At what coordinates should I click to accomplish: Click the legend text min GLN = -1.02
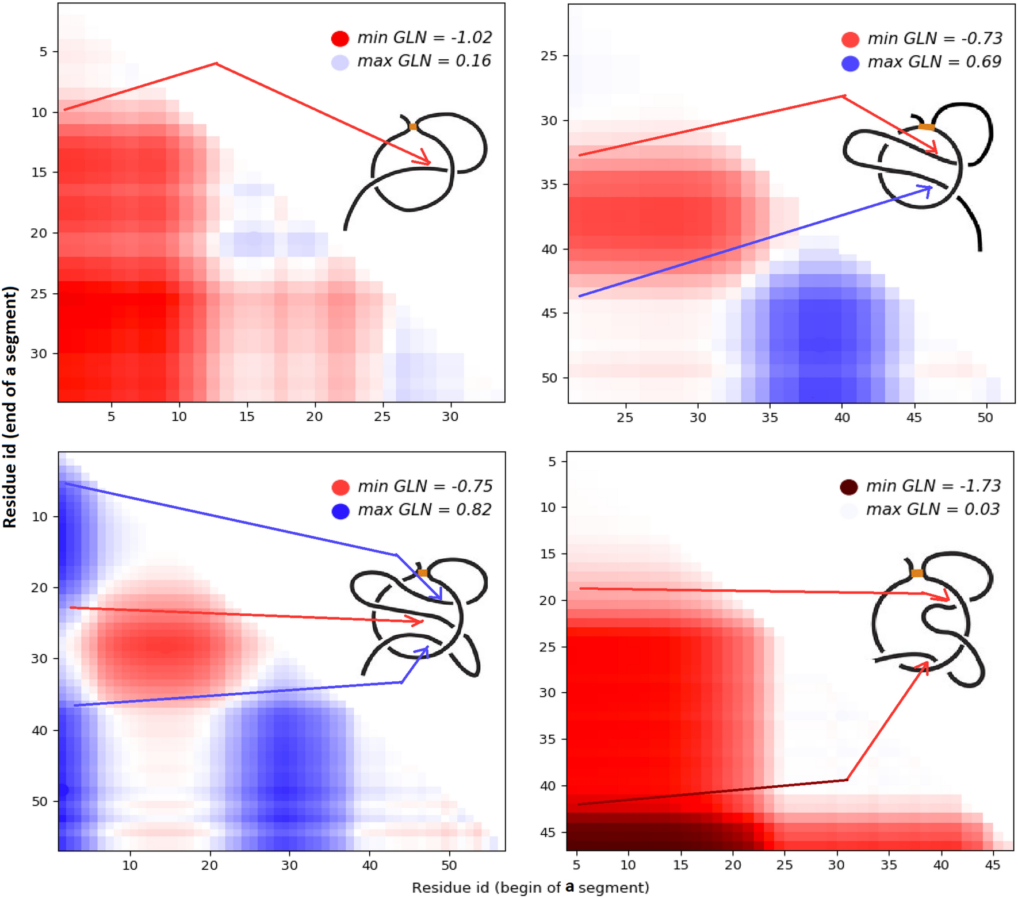pos(424,38)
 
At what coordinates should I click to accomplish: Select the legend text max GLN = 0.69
pos(934,62)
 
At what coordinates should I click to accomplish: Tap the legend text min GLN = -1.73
pos(933,486)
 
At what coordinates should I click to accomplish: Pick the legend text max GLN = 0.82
pos(424,510)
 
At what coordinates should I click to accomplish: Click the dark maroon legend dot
pos(849,487)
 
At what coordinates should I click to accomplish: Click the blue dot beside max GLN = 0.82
pos(340,511)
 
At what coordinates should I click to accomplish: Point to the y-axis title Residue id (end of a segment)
pos(10,407)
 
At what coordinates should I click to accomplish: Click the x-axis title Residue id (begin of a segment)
pos(530,888)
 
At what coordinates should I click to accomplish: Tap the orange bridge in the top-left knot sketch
pos(412,126)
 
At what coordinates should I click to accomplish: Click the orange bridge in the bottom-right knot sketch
pos(917,573)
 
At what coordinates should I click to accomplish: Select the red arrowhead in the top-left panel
pos(426,159)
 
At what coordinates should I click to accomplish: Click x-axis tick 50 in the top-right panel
pos(985,417)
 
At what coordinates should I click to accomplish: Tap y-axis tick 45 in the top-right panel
pos(549,313)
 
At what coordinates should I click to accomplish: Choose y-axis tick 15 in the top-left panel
pos(39,172)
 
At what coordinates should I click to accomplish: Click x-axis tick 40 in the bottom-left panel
pos(370,865)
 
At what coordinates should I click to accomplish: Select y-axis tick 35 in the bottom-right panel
pos(547,739)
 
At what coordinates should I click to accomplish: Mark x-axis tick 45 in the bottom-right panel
pos(993,865)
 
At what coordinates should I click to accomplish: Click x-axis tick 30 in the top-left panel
pos(450,416)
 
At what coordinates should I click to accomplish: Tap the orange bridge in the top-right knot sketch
pos(926,127)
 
